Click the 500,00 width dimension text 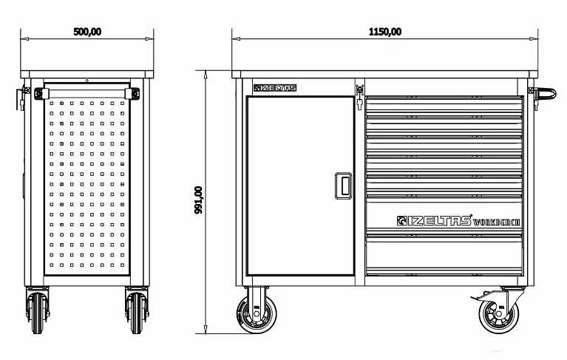(x=87, y=31)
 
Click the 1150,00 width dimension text (x=384, y=31)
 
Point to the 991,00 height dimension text (x=198, y=200)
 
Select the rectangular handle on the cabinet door (x=343, y=185)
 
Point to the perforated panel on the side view (x=87, y=185)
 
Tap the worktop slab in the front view (x=384, y=73)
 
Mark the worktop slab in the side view (x=87, y=73)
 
